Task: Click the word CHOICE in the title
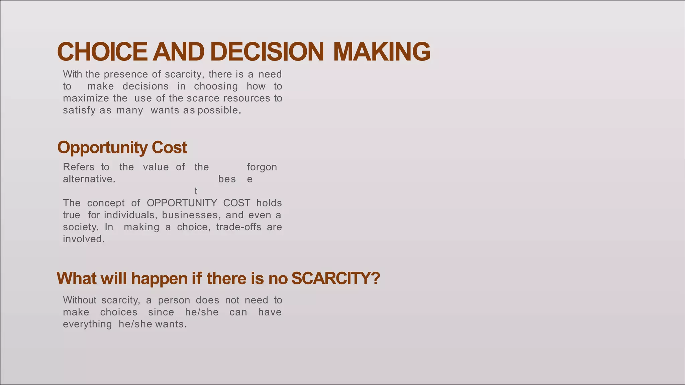(102, 52)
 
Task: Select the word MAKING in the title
(382, 52)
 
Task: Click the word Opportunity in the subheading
(102, 148)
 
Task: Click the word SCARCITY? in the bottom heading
(335, 278)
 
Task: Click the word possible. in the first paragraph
(219, 110)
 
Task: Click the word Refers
(79, 167)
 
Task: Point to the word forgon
(262, 167)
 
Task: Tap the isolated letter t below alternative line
(196, 191)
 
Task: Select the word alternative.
(89, 179)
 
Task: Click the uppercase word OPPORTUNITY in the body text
(182, 203)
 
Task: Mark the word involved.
(84, 239)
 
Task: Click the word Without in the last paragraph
(80, 300)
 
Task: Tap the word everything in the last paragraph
(87, 324)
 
